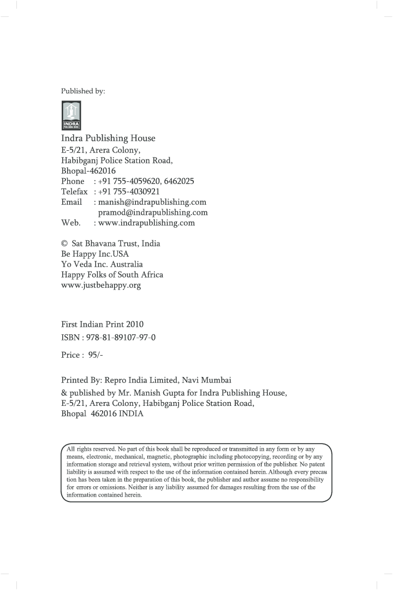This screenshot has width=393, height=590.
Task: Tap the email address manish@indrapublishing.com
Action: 152,202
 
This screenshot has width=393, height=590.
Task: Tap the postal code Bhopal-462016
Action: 88,170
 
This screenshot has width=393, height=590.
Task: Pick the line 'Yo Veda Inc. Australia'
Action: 102,264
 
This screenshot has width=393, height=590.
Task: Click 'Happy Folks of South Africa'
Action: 112,275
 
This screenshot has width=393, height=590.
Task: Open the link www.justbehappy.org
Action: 101,285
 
